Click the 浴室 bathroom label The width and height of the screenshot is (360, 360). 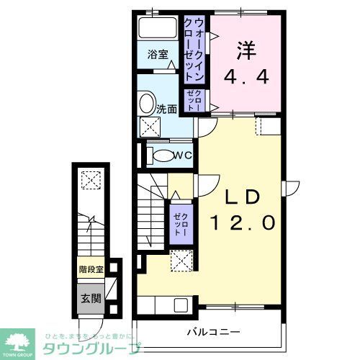158,54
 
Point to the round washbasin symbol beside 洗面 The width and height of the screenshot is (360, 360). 146,102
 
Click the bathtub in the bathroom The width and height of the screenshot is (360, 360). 158,30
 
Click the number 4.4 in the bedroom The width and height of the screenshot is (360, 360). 246,76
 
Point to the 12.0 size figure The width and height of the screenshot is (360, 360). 242,224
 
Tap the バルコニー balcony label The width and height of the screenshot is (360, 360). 213,332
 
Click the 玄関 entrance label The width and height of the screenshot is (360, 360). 91,297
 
